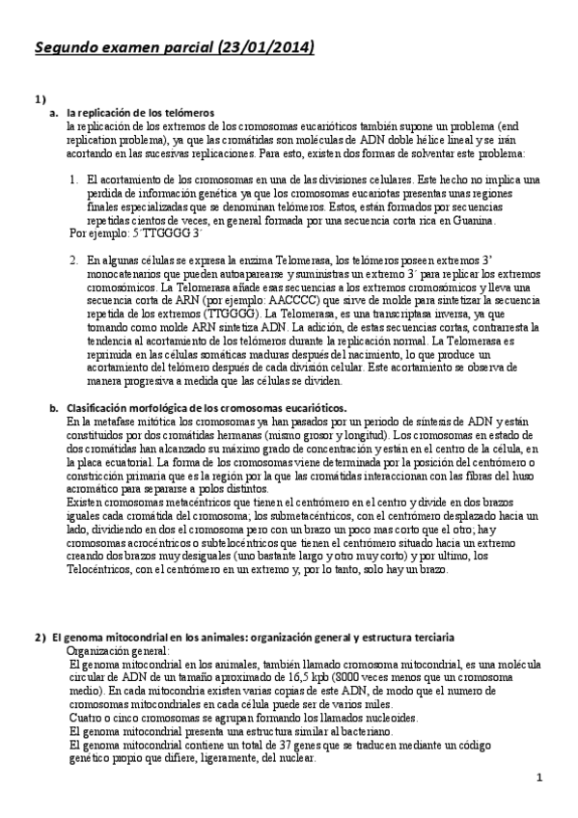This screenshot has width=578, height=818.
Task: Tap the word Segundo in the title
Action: (69, 46)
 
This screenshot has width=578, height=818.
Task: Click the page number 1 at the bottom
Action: (539, 777)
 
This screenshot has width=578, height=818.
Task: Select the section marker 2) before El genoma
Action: (40, 640)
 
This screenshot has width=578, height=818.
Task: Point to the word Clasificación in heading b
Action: (99, 408)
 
